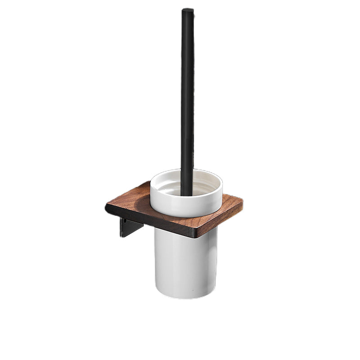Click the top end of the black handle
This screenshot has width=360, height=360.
point(188,10)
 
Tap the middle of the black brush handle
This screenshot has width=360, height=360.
point(187,99)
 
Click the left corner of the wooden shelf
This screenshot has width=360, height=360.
point(107,208)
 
